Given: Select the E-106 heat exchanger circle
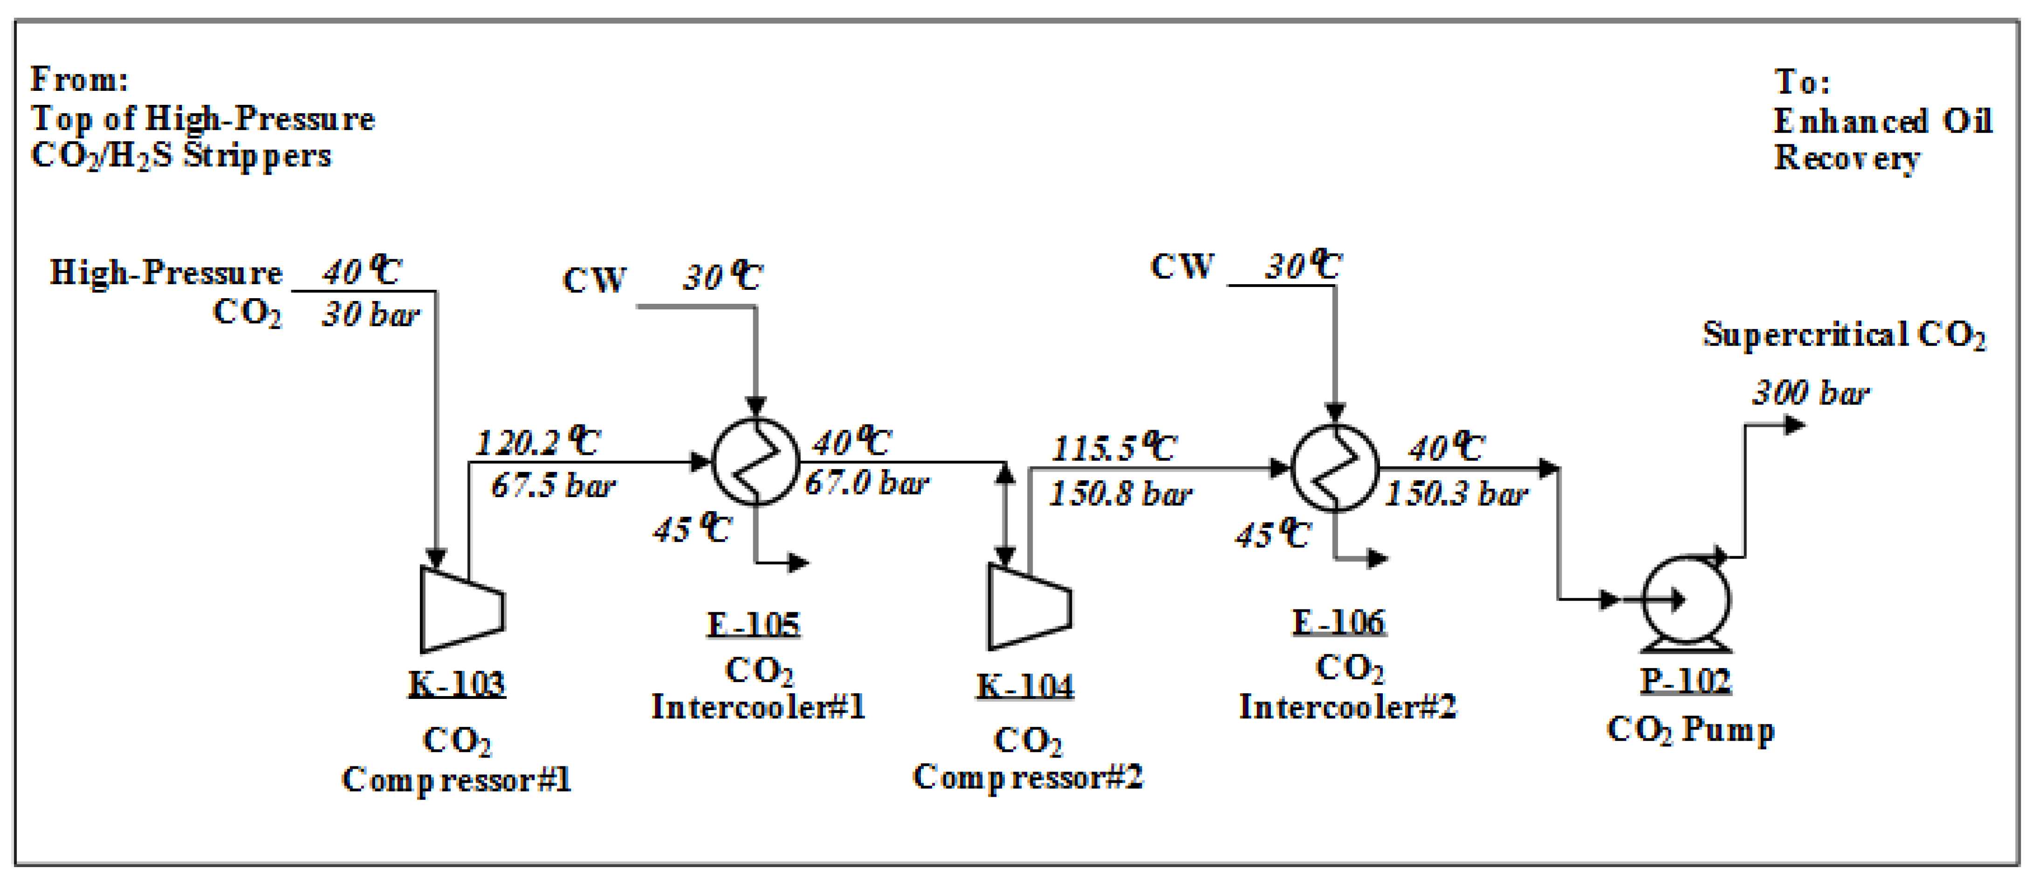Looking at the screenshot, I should coord(1335,467).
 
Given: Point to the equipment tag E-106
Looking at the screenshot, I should coord(1339,622).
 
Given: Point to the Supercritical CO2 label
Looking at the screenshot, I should coord(1844,335).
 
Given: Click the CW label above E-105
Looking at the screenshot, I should coord(594,280).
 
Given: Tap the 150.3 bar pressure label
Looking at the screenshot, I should coord(1456,494).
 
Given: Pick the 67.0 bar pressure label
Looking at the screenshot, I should coord(867,483).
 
